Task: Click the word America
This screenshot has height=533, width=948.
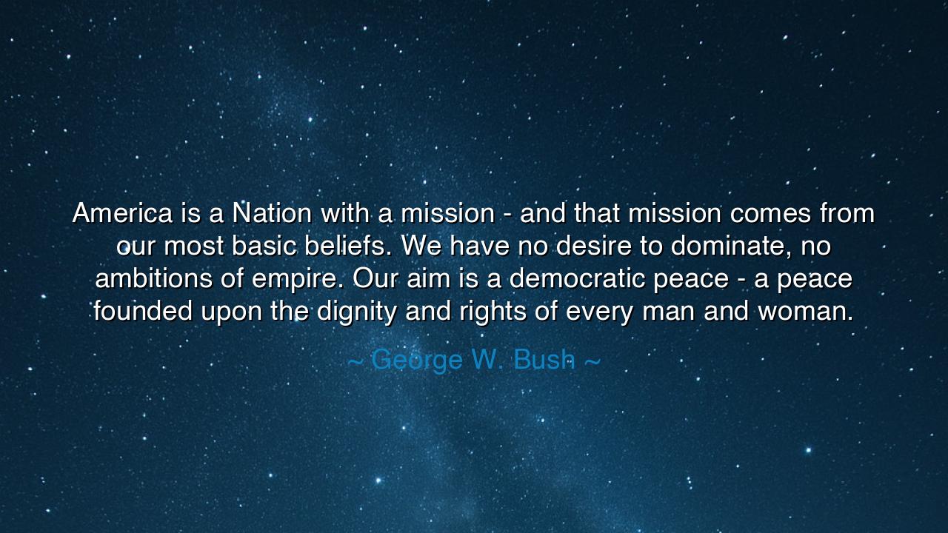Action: pos(121,214)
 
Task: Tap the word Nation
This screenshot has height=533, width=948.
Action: pos(272,214)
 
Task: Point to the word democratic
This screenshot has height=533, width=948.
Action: pos(592,279)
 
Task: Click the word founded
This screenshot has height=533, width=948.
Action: pos(144,312)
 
